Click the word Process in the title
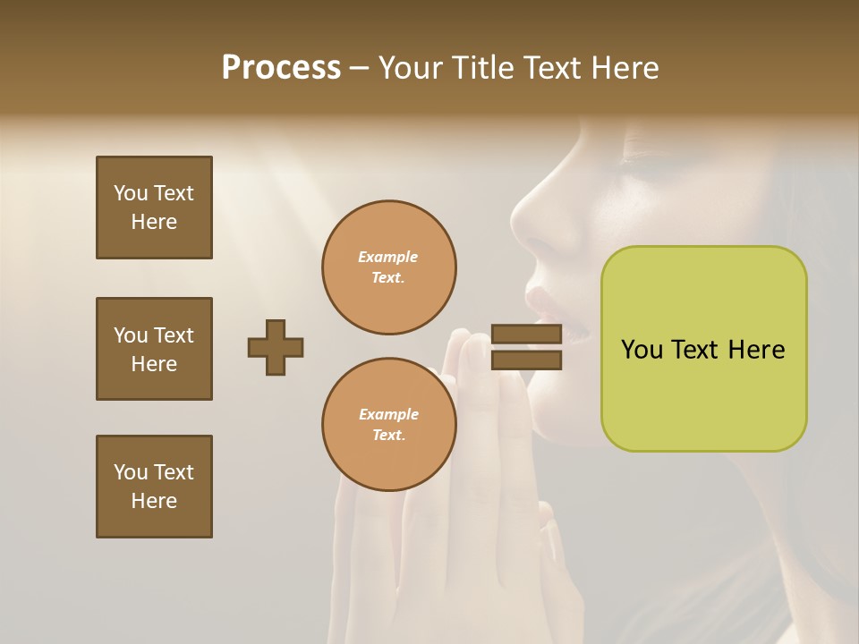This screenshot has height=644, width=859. pyautogui.click(x=281, y=68)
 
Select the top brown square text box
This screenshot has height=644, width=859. pyautogui.click(x=154, y=208)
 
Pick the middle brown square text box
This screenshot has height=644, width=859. pyautogui.click(x=154, y=349)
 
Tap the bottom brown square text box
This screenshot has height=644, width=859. pyautogui.click(x=154, y=487)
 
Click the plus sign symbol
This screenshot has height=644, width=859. pyautogui.click(x=276, y=347)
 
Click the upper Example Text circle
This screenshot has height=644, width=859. pyautogui.click(x=388, y=267)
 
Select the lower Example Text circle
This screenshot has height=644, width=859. pyautogui.click(x=388, y=425)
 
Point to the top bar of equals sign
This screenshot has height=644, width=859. pyautogui.click(x=526, y=335)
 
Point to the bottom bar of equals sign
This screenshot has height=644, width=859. pyautogui.click(x=526, y=360)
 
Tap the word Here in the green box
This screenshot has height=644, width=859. pyautogui.click(x=756, y=350)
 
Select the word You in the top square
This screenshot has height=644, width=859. pyautogui.click(x=131, y=193)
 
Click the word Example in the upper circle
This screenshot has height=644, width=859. pyautogui.click(x=388, y=257)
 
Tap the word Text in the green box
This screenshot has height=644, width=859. pyautogui.click(x=695, y=350)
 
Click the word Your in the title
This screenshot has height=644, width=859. pyautogui.click(x=410, y=68)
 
